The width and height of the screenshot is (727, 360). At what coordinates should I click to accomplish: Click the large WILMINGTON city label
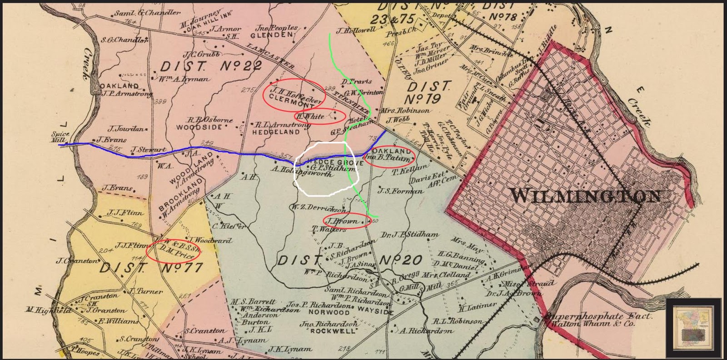pyautogui.click(x=586, y=196)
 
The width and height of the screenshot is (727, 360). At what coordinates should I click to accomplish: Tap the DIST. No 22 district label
pyautogui.click(x=211, y=67)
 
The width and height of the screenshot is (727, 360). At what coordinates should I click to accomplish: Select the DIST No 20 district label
pyautogui.click(x=350, y=260)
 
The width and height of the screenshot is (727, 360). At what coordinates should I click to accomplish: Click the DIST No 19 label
pyautogui.click(x=429, y=92)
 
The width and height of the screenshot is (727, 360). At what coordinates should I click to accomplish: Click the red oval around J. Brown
pyautogui.click(x=346, y=221)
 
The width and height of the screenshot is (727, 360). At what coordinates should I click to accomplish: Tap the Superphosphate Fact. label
pyautogui.click(x=600, y=316)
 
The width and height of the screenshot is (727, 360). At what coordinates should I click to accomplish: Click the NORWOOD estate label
pyautogui.click(x=329, y=313)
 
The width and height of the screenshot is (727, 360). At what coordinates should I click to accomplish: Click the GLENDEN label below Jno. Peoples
pyautogui.click(x=272, y=35)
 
